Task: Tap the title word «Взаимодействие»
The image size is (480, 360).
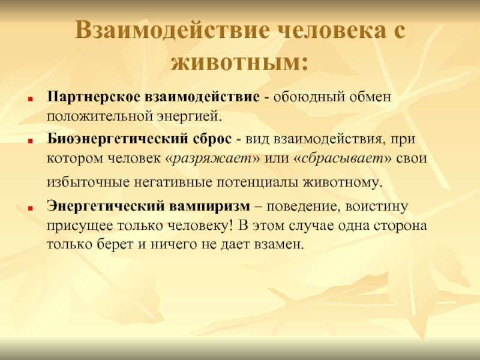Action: (172, 31)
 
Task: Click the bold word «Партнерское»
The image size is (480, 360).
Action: (94, 97)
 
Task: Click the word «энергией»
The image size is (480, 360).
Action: (188, 117)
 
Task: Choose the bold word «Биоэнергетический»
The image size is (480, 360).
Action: (118, 139)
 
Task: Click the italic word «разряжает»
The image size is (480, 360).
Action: (212, 159)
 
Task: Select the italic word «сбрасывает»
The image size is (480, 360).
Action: (343, 158)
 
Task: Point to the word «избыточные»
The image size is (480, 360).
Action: (88, 182)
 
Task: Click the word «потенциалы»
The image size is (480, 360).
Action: (257, 182)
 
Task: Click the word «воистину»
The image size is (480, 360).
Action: (377, 206)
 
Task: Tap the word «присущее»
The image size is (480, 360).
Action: (79, 226)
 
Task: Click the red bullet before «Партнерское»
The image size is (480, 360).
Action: (30, 99)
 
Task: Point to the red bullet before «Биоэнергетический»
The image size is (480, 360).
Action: (30, 141)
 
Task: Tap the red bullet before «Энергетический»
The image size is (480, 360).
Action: (30, 208)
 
